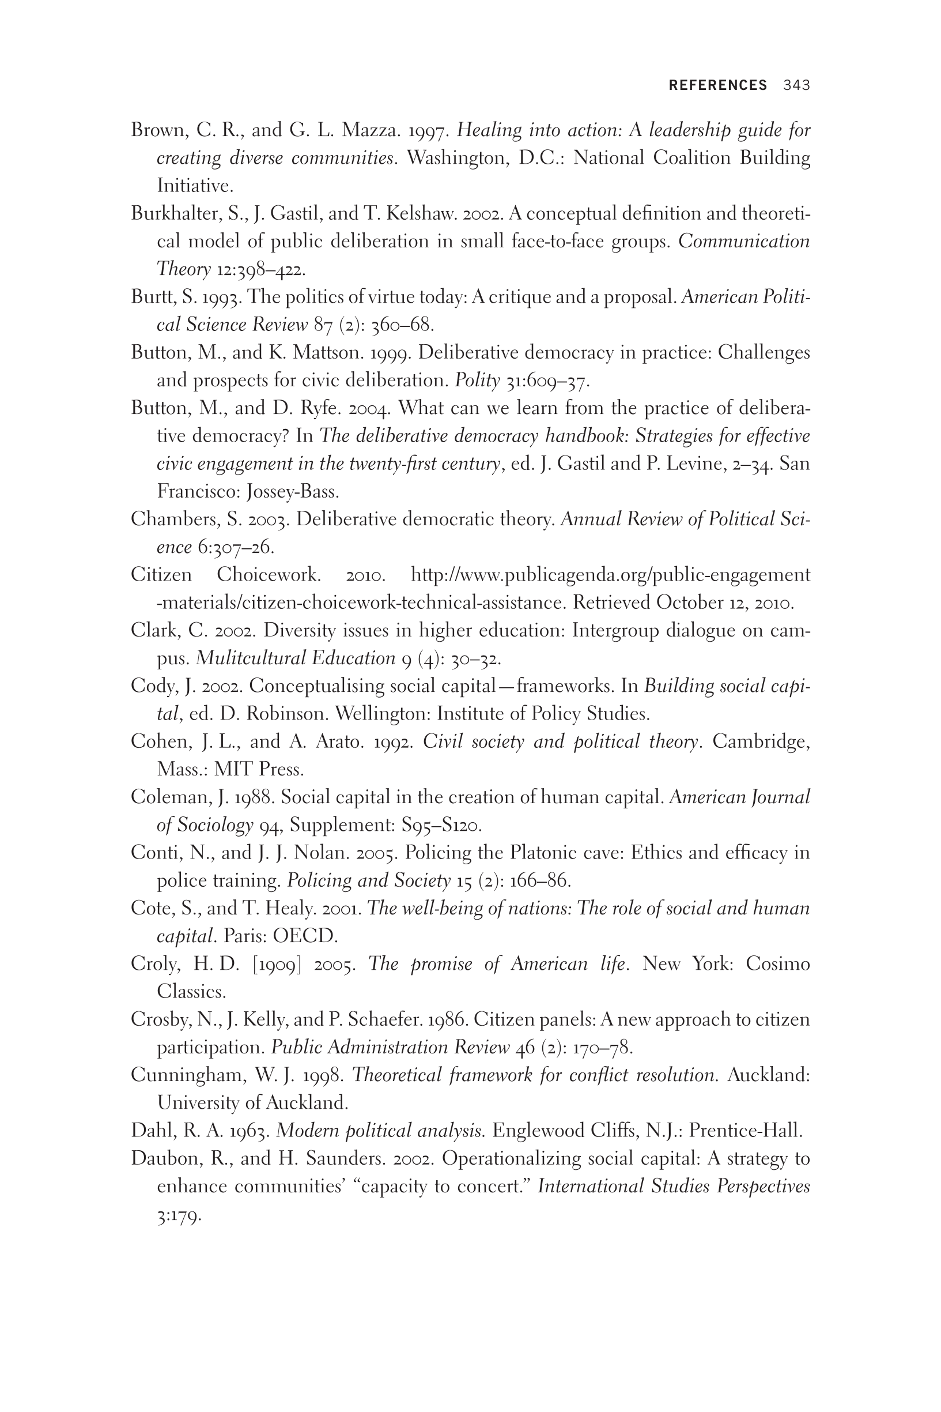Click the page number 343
point(796,85)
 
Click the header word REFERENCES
point(718,85)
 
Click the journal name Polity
point(477,381)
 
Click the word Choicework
point(269,575)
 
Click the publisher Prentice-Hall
point(745,1131)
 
